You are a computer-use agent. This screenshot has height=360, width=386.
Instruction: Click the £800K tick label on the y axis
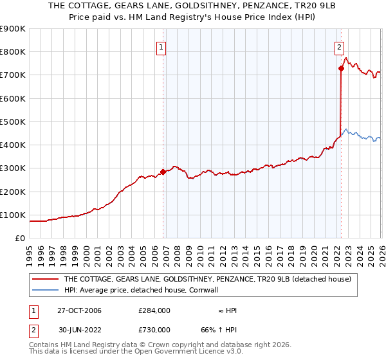click(x=13, y=52)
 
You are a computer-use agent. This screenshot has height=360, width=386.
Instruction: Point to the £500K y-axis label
click(x=13, y=122)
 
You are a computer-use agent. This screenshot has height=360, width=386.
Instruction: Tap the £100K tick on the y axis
click(x=13, y=215)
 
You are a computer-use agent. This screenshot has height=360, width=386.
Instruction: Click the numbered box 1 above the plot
click(x=161, y=46)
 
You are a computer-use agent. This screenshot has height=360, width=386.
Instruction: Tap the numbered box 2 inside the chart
click(x=339, y=46)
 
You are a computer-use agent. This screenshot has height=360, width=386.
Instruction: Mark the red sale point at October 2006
click(x=163, y=172)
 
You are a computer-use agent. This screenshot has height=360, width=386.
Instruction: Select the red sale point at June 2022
click(x=341, y=68)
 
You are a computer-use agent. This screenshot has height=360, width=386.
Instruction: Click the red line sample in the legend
click(x=45, y=280)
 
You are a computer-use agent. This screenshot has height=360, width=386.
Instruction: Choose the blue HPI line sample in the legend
click(x=45, y=290)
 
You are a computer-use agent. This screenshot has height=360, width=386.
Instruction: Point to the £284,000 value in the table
click(x=154, y=311)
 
